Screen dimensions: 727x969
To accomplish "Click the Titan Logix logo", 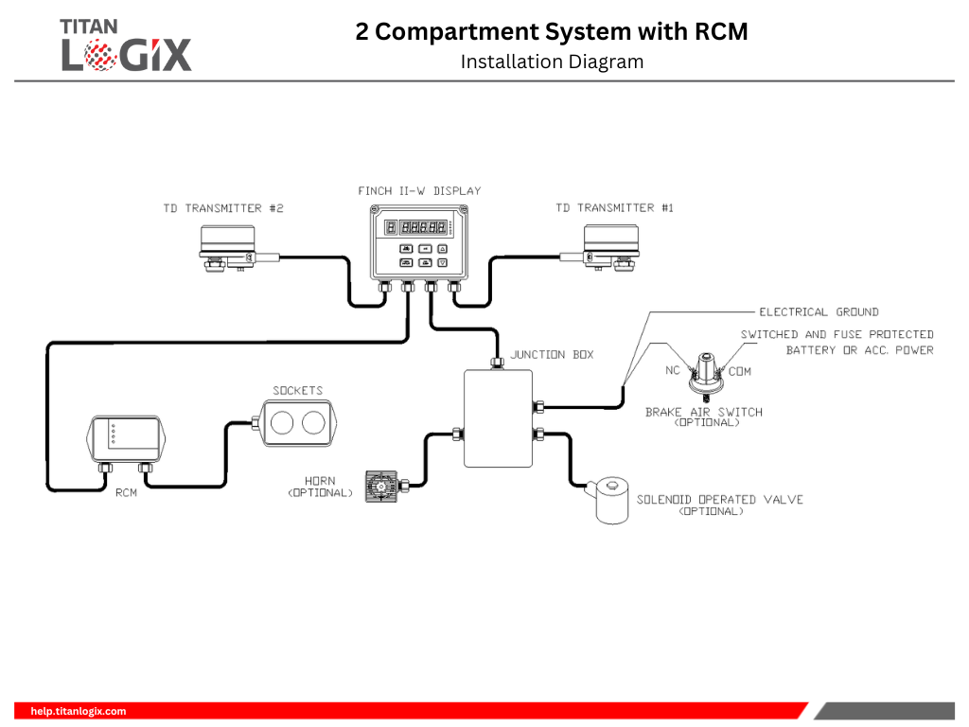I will coord(126,44).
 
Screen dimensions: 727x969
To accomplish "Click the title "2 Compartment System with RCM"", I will coord(552,31).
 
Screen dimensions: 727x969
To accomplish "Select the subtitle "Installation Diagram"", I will coord(552,62).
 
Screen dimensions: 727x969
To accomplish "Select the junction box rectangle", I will coord(498,418).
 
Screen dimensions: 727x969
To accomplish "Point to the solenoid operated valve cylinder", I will coord(611,502).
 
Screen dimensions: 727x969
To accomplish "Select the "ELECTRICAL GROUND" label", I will coord(819,311).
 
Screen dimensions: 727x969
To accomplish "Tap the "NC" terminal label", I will coord(673,370).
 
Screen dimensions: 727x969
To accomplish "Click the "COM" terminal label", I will coord(740,371).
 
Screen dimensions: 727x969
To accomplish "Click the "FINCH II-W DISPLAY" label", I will coord(419,191).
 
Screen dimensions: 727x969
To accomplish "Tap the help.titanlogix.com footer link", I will coord(78,711).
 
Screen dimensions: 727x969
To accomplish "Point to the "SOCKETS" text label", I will coord(297,390).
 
